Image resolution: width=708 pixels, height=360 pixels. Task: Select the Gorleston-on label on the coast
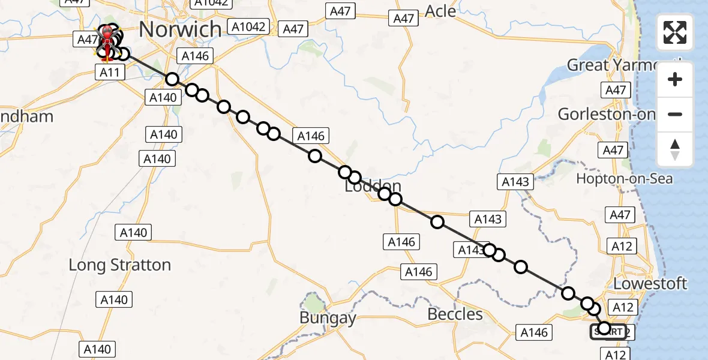pos(606,113)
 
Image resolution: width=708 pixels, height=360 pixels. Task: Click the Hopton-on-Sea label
pos(624,178)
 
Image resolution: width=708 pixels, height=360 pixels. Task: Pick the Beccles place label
pos(455,314)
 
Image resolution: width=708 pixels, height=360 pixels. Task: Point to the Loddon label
pos(373,186)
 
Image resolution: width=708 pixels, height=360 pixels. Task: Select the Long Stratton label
pos(120,265)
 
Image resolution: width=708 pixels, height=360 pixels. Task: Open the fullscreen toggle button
pos(675,33)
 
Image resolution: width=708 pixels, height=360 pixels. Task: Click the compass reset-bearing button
pos(675,149)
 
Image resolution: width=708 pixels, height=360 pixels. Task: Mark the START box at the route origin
pos(608,331)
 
